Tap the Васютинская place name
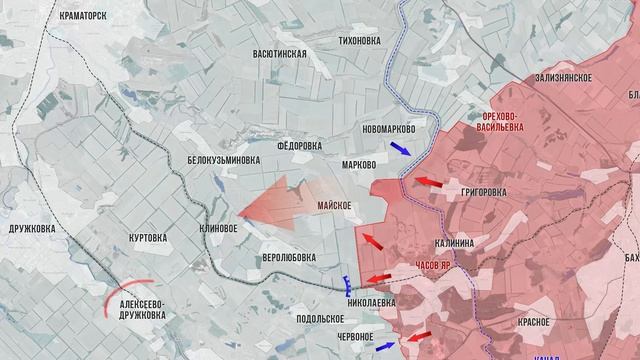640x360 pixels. [x=280, y=52]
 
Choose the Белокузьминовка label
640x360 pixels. [x=224, y=159]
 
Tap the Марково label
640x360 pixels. [x=359, y=164]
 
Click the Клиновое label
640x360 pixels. [x=218, y=228]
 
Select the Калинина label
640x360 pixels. [x=461, y=242]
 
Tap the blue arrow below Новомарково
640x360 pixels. [x=399, y=149]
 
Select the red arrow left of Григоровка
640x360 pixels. [x=429, y=182]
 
